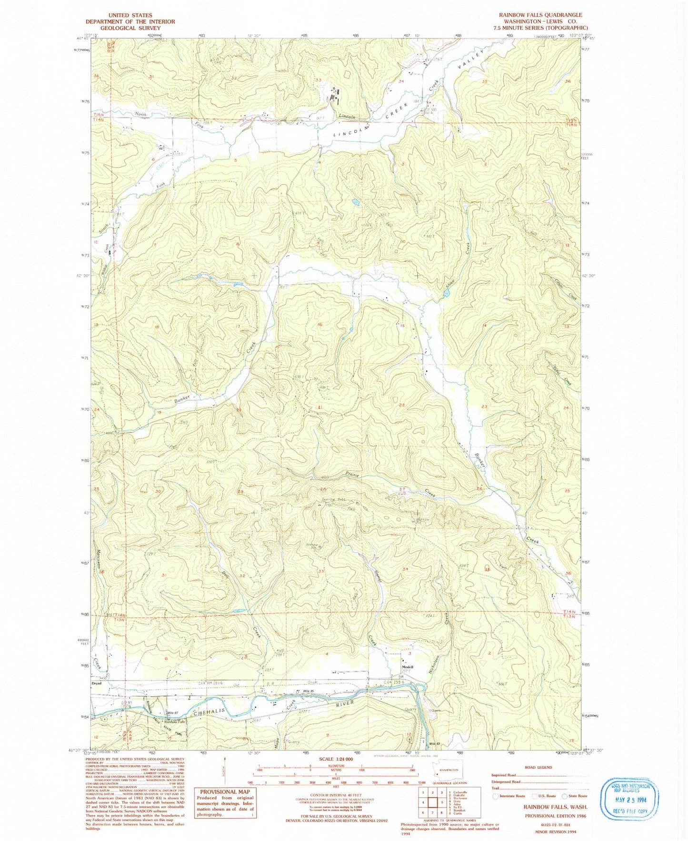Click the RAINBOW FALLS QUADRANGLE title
540,15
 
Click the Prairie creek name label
352,475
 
